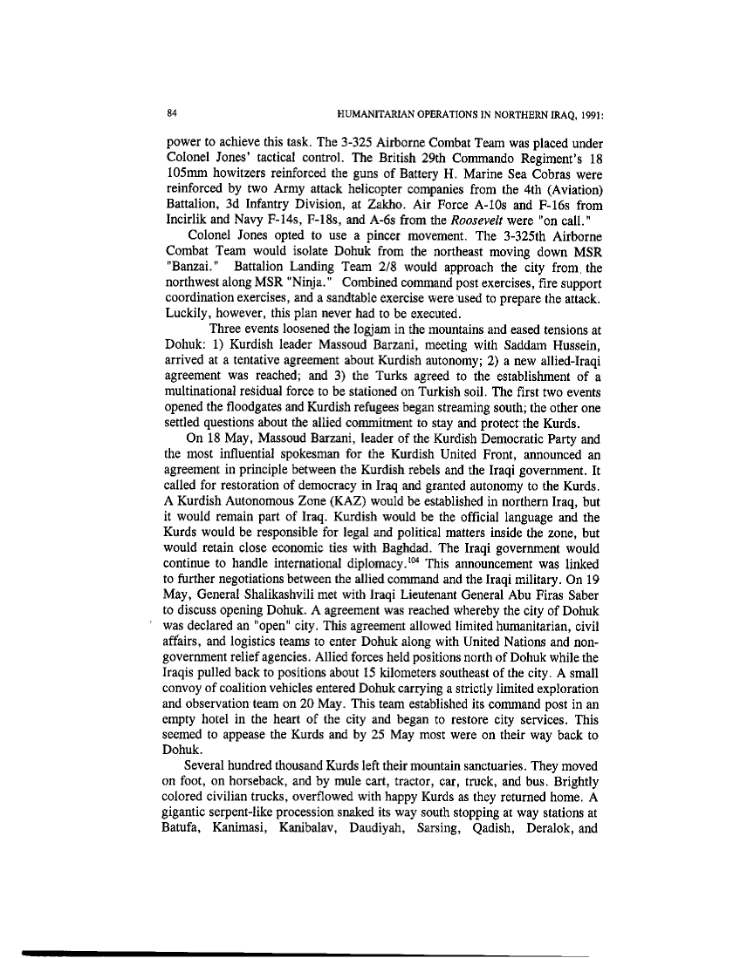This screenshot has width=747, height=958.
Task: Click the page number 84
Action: pos(173,112)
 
